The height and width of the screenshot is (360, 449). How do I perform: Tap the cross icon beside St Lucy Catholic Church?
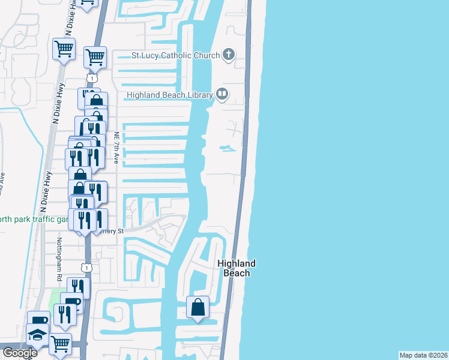coord(228,55)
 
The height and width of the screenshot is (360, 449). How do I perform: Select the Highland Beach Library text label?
coord(170,95)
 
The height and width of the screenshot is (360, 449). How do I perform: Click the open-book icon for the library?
coord(222,94)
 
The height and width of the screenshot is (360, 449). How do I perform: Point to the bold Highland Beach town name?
coord(236,268)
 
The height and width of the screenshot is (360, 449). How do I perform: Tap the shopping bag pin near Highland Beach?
coord(197,308)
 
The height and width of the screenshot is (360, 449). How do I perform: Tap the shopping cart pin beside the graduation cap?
coord(60,344)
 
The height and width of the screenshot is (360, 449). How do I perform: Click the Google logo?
coord(19,353)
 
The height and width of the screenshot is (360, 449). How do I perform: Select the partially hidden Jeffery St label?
coord(114,231)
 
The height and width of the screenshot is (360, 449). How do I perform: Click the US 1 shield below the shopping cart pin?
coord(91,78)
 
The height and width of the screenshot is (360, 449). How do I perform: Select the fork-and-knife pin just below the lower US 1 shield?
coord(77,287)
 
